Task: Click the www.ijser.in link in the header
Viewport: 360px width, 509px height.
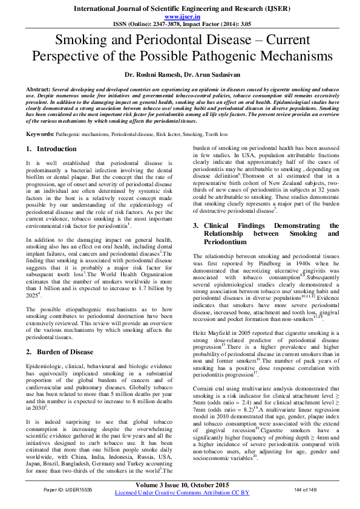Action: click(x=180, y=18)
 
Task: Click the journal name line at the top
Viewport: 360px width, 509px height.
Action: click(x=180, y=8)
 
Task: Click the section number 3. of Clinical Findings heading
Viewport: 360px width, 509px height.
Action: click(x=197, y=225)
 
